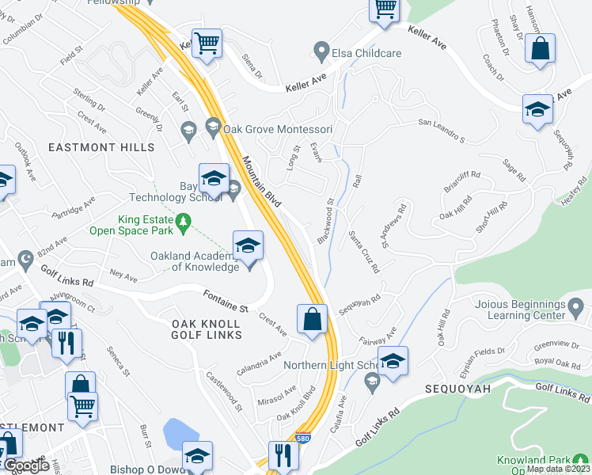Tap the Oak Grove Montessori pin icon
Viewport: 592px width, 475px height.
212,125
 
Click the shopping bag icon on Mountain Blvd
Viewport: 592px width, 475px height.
313,321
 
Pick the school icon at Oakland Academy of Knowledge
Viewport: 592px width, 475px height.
248,245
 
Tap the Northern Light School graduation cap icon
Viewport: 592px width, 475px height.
393,362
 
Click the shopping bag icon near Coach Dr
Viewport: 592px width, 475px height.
540,50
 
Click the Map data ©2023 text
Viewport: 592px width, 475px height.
557,469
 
